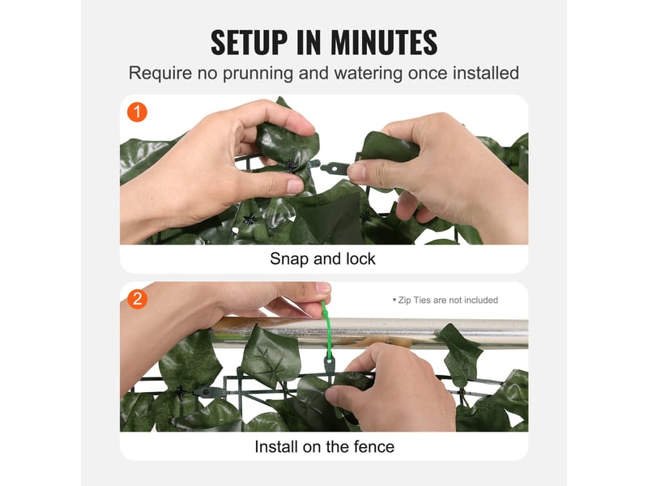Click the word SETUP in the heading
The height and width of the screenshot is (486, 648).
[249, 42]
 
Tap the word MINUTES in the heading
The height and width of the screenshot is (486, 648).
[384, 42]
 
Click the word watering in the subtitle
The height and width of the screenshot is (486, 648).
[369, 73]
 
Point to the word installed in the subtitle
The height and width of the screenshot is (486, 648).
[485, 73]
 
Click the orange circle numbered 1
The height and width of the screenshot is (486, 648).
[137, 112]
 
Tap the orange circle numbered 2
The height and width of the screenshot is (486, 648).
[137, 299]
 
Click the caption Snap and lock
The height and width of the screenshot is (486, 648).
[322, 258]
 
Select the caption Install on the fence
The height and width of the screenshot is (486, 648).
[325, 447]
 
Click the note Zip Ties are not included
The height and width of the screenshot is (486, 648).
[446, 300]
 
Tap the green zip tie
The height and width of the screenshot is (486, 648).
[328, 330]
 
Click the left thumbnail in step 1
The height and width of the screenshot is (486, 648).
[296, 186]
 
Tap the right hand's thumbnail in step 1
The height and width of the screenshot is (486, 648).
[357, 172]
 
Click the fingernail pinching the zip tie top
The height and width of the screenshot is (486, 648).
[323, 288]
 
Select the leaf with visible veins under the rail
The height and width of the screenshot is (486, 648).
[270, 356]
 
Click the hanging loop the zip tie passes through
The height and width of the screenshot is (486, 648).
[330, 367]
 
